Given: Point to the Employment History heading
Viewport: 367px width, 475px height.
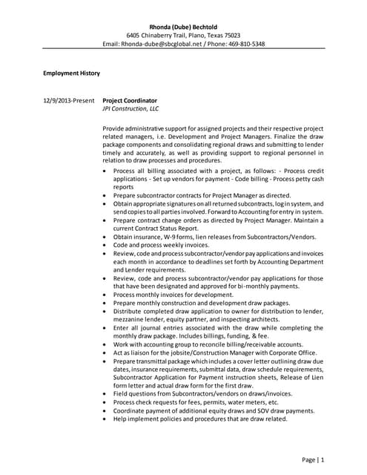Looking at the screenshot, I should click(71, 73).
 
